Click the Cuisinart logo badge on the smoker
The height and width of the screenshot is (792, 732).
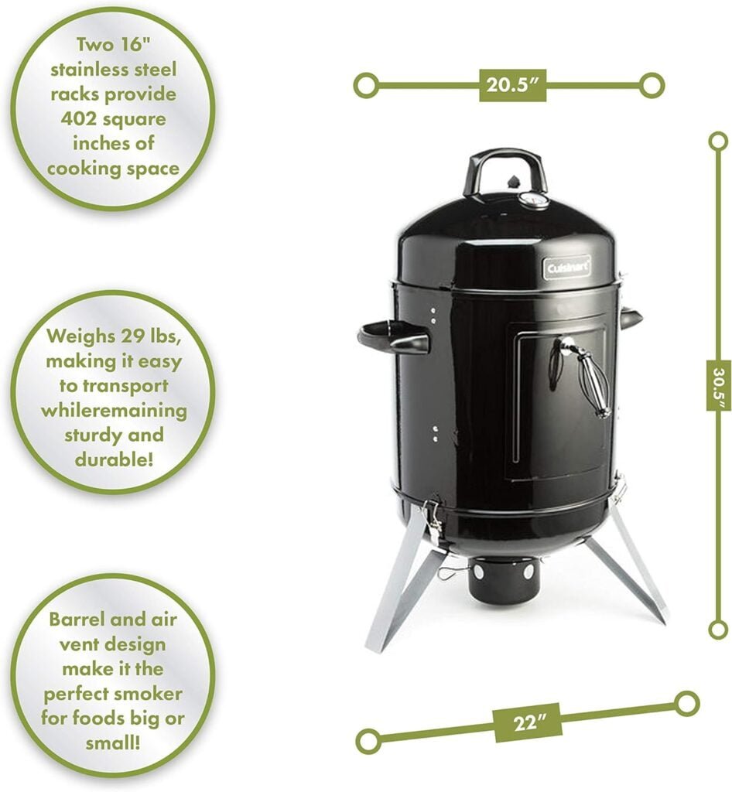(566, 268)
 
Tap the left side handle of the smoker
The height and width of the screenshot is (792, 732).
(393, 337)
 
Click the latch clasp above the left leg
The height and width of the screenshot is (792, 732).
(433, 518)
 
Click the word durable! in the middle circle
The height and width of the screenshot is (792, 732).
(114, 459)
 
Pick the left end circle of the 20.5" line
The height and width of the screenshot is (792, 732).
(366, 84)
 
